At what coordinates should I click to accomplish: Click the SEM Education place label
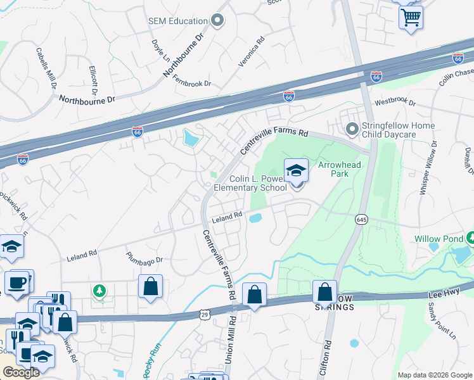[179, 21]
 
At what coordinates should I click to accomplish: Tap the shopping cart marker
[411, 17]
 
